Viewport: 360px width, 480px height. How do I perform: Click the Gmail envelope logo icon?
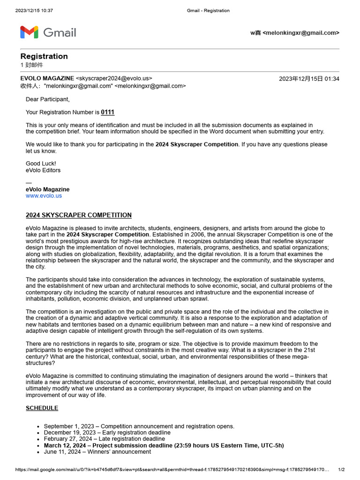29,32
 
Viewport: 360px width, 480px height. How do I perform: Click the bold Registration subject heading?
44,56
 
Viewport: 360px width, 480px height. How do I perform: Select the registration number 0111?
107,112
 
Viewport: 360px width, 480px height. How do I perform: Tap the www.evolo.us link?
44,196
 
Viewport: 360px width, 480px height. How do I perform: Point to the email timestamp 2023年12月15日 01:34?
309,79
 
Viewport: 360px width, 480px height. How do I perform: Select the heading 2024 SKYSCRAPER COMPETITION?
78,215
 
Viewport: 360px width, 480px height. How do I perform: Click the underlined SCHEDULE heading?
42,408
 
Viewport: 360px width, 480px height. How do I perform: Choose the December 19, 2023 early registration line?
107,433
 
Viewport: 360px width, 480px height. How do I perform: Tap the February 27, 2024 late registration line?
104,439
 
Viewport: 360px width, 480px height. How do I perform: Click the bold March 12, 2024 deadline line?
164,445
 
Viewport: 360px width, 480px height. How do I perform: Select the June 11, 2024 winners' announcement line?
97,452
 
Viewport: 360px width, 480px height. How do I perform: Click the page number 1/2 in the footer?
341,470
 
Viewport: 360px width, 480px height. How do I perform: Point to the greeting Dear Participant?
47,99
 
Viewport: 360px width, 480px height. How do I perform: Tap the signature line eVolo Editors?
43,170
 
